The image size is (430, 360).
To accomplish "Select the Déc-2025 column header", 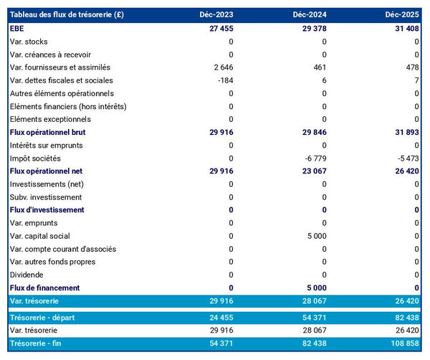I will click(x=401, y=15).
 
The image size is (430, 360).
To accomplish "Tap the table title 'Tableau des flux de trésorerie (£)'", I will click(x=67, y=15).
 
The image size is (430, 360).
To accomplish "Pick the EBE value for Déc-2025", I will click(x=403, y=29).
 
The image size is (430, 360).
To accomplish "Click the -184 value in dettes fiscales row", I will click(x=224, y=80).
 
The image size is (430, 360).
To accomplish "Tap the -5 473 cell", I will click(x=406, y=158).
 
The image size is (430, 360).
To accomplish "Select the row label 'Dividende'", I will click(x=27, y=275).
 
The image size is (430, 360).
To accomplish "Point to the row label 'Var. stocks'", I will click(x=30, y=42).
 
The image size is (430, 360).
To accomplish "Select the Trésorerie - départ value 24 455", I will click(x=219, y=317).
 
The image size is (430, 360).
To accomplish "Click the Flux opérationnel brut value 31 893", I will click(x=403, y=132).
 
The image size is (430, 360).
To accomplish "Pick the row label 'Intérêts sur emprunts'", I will click(x=46, y=145).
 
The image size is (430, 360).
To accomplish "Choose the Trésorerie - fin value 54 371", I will click(x=219, y=344).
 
